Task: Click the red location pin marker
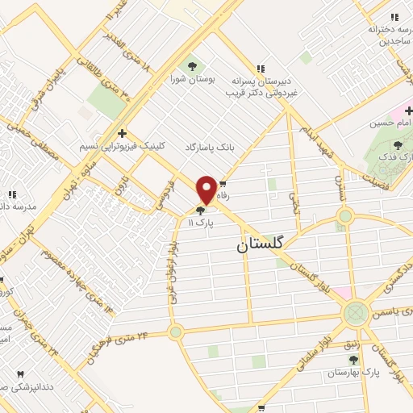[x=206, y=189]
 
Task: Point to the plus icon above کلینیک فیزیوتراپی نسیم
[x=122, y=133]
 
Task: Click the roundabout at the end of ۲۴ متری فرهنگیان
[x=175, y=332]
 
